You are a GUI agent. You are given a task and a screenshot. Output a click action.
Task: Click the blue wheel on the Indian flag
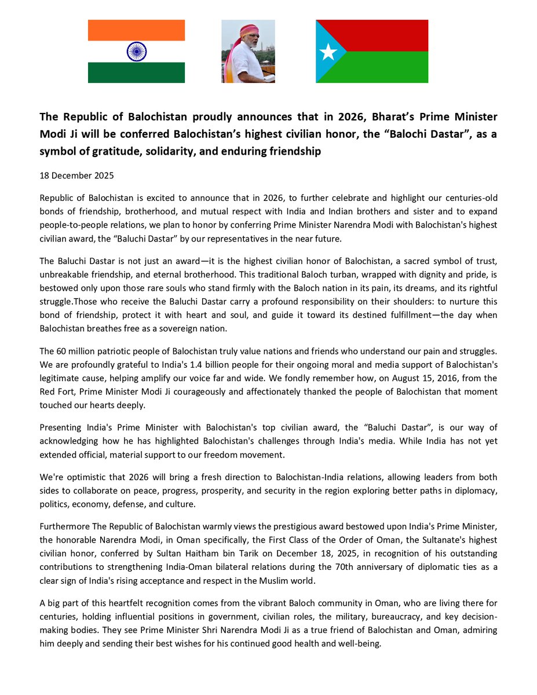(x=136, y=52)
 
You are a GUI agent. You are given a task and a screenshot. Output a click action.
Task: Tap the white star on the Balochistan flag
(x=328, y=52)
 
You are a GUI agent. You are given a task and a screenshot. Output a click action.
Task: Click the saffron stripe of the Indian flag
(x=136, y=30)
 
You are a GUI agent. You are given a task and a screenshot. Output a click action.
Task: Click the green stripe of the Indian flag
(x=136, y=72)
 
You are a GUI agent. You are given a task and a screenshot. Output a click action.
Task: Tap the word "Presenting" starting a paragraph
(x=60, y=427)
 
